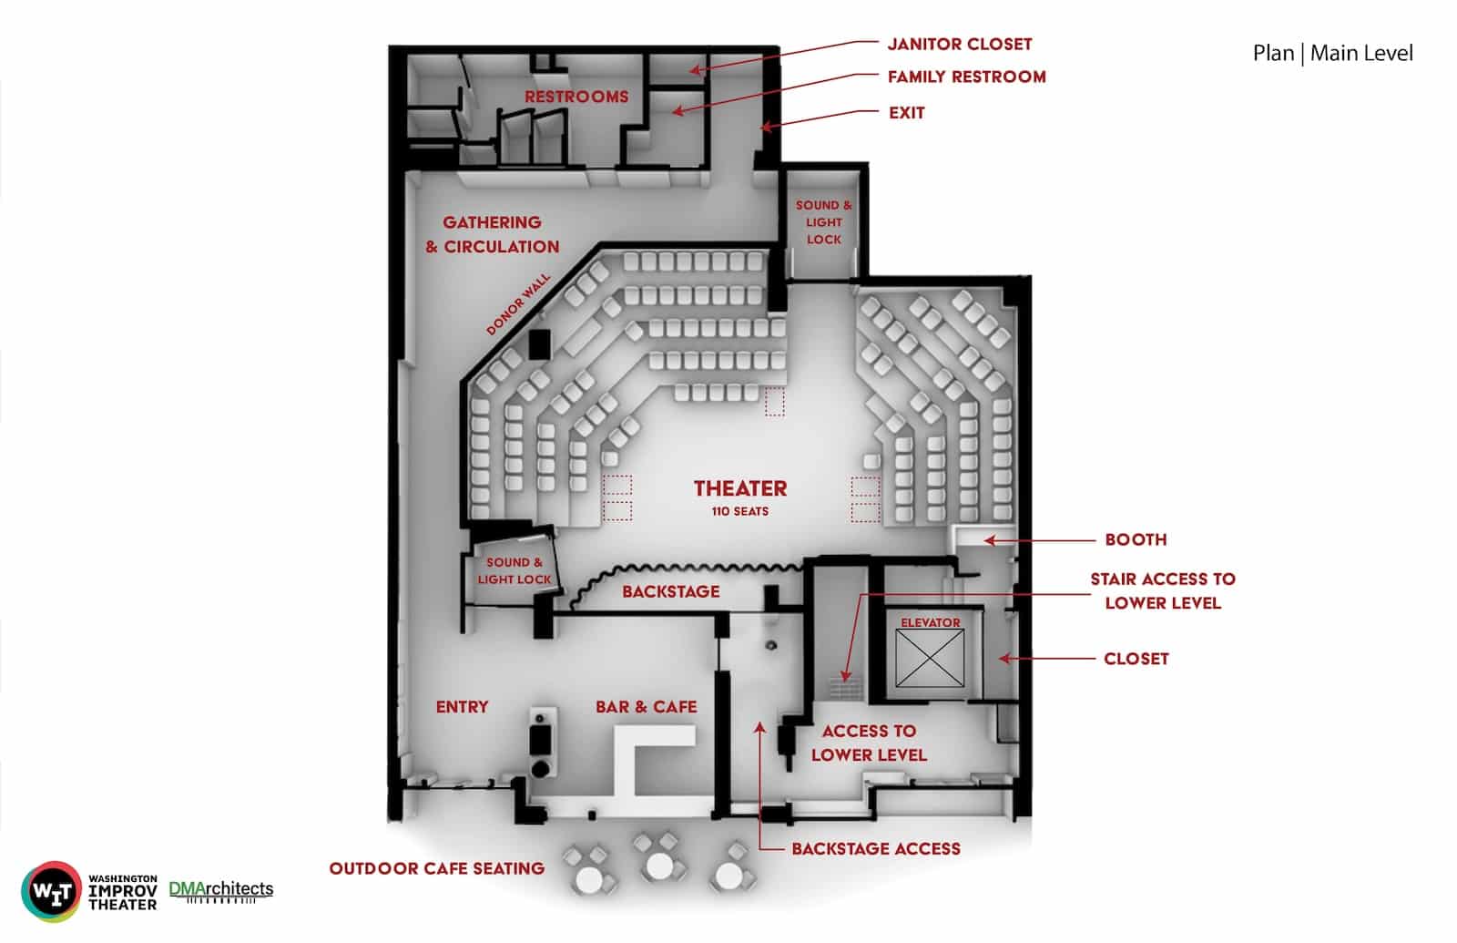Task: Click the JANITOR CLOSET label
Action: (x=960, y=45)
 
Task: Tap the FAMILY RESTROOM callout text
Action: (x=966, y=77)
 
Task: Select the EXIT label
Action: (x=907, y=113)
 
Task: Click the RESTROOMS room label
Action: (x=576, y=97)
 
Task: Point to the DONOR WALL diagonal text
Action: (x=518, y=304)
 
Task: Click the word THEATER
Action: (x=740, y=488)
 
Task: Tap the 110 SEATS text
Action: (x=740, y=511)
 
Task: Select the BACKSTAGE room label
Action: (x=670, y=591)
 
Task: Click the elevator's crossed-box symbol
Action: (x=930, y=658)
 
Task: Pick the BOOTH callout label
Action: (x=1136, y=539)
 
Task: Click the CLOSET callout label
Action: (x=1136, y=659)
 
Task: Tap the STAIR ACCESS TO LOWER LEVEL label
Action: (x=1163, y=591)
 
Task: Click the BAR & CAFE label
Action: (x=646, y=707)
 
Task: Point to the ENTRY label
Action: (x=462, y=707)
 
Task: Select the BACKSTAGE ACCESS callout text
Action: (x=875, y=848)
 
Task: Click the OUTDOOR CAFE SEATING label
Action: (x=436, y=869)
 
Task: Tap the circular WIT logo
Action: (x=51, y=892)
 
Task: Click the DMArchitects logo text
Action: (x=221, y=889)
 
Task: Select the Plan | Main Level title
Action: (x=1333, y=54)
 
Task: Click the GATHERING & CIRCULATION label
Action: (x=493, y=234)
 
